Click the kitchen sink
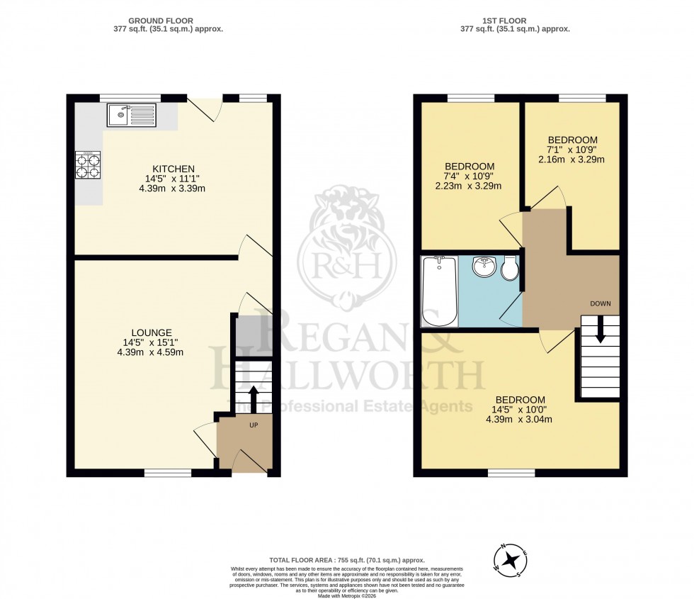132,115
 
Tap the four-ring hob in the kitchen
89,165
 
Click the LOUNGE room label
152,332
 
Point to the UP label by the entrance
253,425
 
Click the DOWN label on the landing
600,303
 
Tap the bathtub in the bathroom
439,291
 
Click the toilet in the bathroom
509,268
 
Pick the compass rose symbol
509,561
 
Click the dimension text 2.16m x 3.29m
572,159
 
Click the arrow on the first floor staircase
600,330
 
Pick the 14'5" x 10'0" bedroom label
520,409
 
